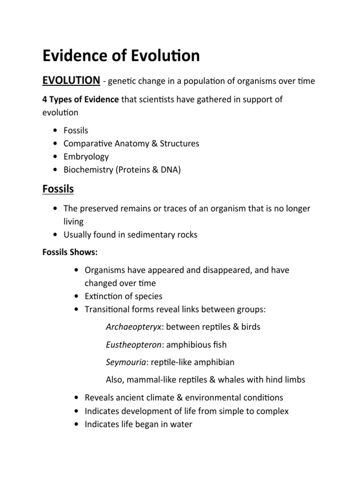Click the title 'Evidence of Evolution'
pos(121,55)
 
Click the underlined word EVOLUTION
pos(71,81)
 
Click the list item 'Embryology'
pos(86,157)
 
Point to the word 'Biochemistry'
pos(86,170)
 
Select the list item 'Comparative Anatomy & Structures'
pos(131,143)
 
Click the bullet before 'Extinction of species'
pos(76,296)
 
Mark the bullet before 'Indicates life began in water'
pos(76,425)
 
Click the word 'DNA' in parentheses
pos(171,170)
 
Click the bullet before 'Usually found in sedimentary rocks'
pos(56,235)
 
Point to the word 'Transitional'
pos(106,309)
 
